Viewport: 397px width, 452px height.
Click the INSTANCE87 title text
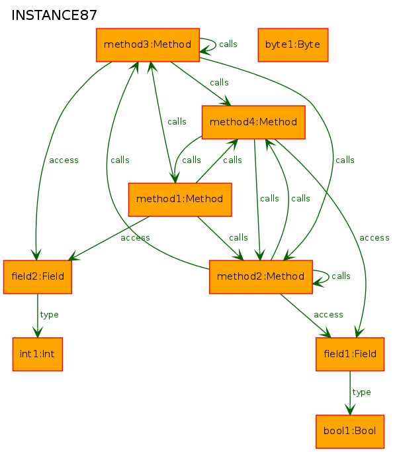click(54, 15)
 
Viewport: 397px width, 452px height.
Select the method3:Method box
click(148, 45)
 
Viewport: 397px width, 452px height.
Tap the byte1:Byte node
click(292, 45)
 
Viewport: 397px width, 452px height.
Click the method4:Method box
click(253, 122)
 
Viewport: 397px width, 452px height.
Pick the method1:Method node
click(180, 199)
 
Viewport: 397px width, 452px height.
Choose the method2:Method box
click(261, 277)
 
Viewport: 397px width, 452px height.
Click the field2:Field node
click(38, 277)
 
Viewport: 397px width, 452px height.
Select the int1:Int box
click(38, 354)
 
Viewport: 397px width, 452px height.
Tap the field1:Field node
click(350, 354)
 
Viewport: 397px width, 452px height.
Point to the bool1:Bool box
click(350, 431)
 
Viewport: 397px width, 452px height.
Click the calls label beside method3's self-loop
click(228, 44)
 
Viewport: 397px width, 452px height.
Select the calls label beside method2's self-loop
click(341, 276)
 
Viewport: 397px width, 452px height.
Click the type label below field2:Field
click(49, 315)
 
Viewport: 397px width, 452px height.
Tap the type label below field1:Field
click(361, 392)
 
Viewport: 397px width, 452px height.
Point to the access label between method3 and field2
click(64, 160)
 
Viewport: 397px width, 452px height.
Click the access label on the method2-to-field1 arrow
click(328, 315)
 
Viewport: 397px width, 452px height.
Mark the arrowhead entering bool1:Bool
click(350, 410)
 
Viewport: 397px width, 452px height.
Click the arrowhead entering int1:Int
click(38, 332)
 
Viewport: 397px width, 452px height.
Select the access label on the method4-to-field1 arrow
click(375, 238)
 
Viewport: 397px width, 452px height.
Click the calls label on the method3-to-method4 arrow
click(219, 83)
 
